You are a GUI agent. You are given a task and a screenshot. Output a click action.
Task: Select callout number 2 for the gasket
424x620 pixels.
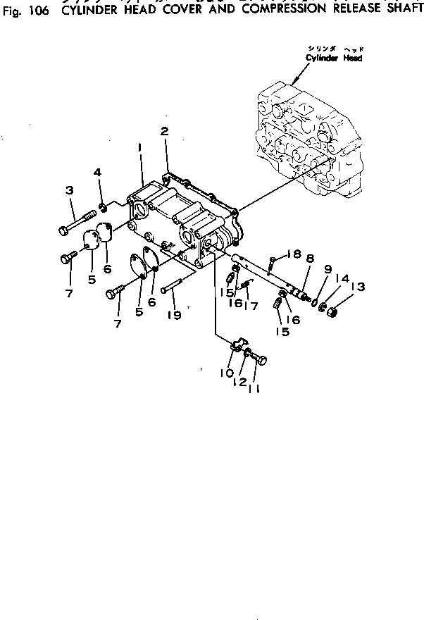163,131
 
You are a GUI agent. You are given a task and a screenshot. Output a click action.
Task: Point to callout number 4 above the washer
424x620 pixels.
98,173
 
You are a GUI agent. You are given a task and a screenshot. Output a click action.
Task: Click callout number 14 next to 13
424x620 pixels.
342,279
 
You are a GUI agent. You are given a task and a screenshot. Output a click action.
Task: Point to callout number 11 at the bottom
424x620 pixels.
254,388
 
